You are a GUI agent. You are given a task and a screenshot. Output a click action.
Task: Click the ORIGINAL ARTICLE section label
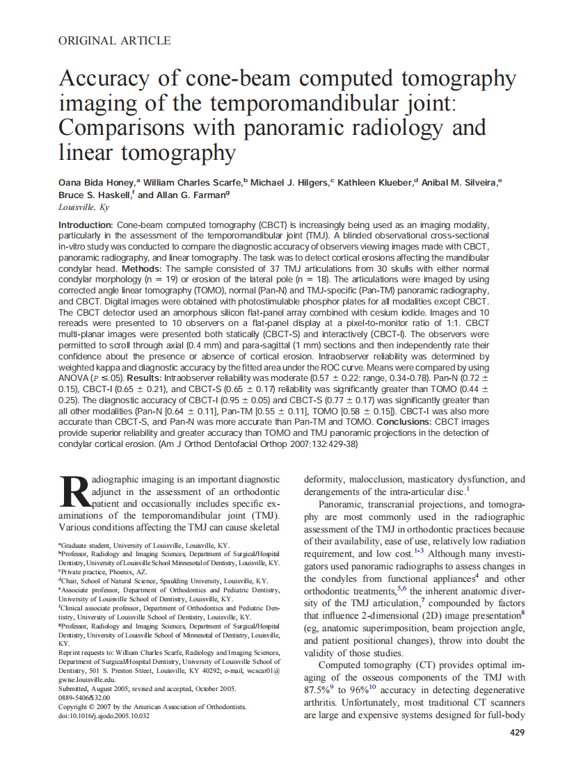click(114, 41)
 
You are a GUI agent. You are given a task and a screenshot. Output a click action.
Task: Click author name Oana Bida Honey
click(99, 182)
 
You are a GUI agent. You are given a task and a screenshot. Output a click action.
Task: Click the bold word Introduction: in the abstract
click(86, 225)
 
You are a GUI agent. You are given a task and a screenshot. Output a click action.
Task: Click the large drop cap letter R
click(72, 493)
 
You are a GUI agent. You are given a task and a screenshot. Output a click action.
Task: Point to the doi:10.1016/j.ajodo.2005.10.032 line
click(104, 715)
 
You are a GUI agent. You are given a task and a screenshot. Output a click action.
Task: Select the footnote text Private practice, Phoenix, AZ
click(104, 571)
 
